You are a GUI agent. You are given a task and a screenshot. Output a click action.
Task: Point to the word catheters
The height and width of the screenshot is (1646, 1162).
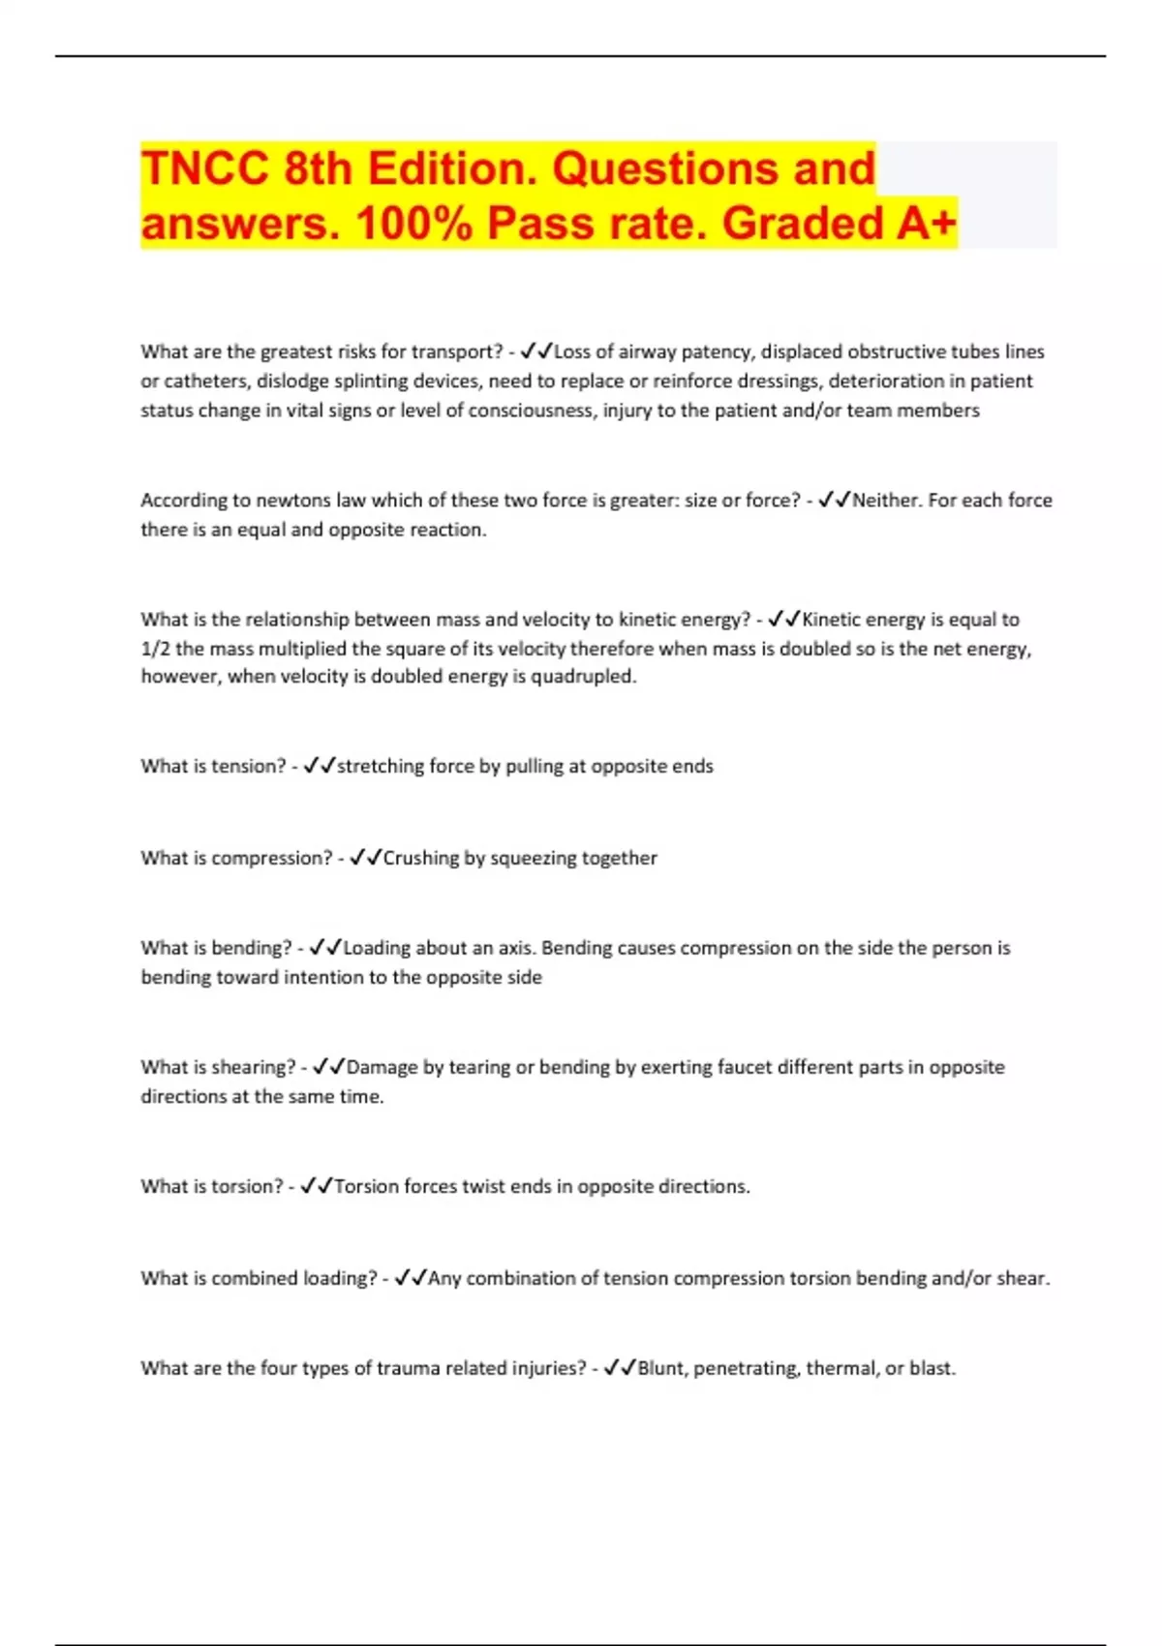coord(203,381)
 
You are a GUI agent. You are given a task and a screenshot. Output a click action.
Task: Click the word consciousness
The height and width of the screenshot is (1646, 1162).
coord(531,411)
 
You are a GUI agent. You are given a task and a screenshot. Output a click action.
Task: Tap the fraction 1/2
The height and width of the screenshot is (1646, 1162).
coord(155,649)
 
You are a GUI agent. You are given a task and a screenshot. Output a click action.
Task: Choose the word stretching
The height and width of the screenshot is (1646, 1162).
coord(380,767)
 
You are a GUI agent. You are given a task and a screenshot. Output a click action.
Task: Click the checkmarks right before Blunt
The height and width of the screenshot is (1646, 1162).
coord(619,1368)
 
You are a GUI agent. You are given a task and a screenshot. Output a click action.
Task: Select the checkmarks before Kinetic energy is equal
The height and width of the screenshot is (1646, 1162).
coord(783,620)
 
